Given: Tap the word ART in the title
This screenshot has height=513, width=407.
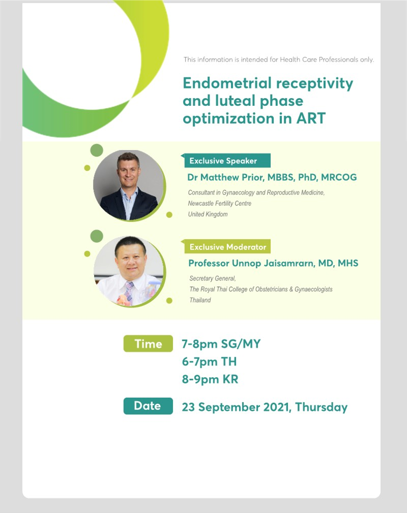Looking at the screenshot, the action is [311, 118].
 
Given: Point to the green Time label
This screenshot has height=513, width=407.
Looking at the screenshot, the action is [148, 344].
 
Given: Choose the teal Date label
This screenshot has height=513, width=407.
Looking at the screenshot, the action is [148, 406].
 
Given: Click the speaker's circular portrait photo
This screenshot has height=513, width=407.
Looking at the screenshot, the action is [129, 185].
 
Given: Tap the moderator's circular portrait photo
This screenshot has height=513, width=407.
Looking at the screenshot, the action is [129, 271].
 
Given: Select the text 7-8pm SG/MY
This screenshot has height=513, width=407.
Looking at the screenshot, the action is [221, 344].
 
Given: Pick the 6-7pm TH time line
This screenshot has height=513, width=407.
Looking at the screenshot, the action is [210, 362].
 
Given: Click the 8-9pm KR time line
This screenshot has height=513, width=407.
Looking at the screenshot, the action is [210, 380].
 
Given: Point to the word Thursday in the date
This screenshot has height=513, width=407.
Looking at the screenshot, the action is [322, 407].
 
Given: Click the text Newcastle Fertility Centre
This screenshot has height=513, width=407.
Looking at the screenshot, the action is [220, 203].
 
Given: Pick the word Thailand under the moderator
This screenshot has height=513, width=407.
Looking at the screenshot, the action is [200, 300].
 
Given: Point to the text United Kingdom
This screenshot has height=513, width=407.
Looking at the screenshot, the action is [208, 214].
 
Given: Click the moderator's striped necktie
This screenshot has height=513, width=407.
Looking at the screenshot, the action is [129, 292].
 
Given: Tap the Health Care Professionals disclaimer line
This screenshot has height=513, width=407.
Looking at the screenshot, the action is [278, 60].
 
